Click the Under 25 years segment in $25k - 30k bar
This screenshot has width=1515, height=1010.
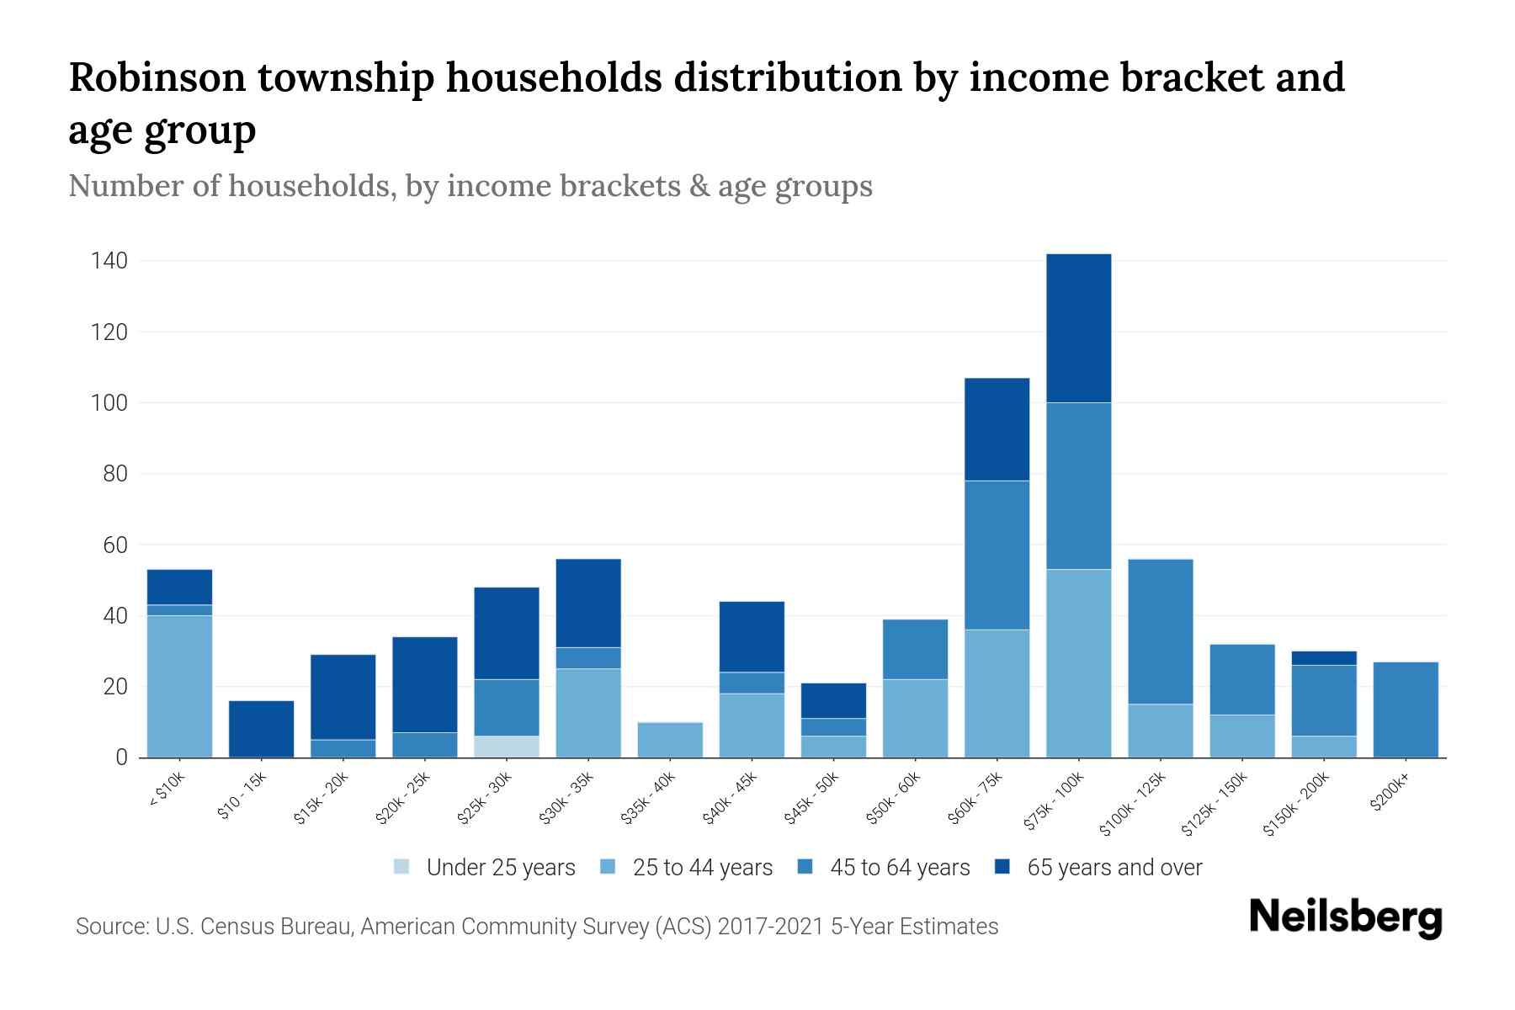click(x=507, y=747)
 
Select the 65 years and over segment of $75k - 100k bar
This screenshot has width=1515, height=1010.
click(x=1078, y=328)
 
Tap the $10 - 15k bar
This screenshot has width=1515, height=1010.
click(x=261, y=729)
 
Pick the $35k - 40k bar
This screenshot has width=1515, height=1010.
click(x=670, y=740)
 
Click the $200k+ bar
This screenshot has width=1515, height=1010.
click(x=1405, y=710)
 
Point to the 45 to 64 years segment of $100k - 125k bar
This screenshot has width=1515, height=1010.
click(x=1160, y=631)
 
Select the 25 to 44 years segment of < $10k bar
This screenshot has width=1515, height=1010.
click(x=179, y=686)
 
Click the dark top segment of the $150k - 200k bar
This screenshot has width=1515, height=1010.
click(x=1323, y=658)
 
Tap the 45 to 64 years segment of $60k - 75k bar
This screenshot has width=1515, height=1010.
click(x=997, y=555)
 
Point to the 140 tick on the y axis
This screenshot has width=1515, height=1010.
click(x=109, y=261)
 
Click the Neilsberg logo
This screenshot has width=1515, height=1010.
click(x=1345, y=918)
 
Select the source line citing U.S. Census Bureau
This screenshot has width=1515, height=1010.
click(x=537, y=927)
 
